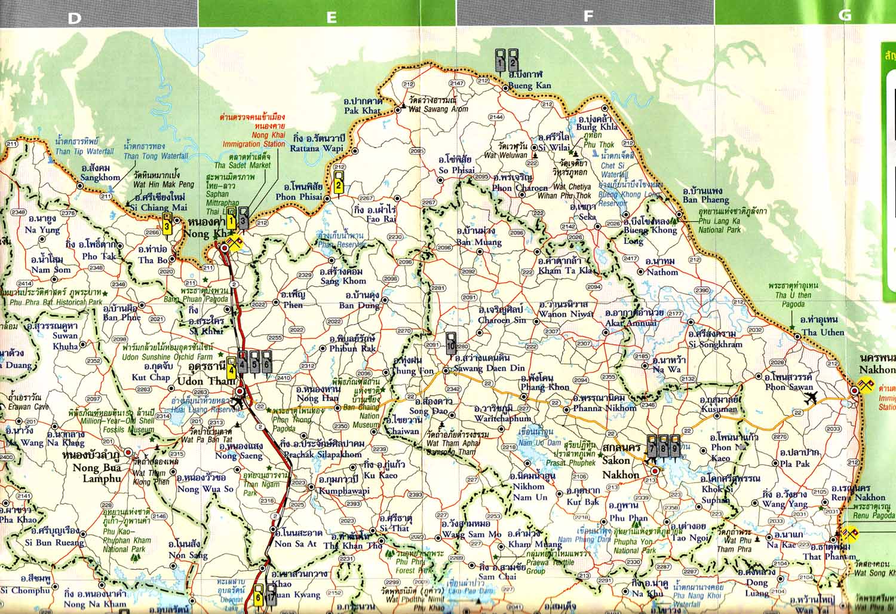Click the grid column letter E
331,17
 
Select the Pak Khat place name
363,111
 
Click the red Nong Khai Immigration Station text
253,144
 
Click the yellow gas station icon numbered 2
339,184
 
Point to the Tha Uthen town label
823,332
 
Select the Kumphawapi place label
345,490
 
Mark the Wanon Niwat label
563,314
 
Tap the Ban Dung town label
359,306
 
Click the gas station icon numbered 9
674,445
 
